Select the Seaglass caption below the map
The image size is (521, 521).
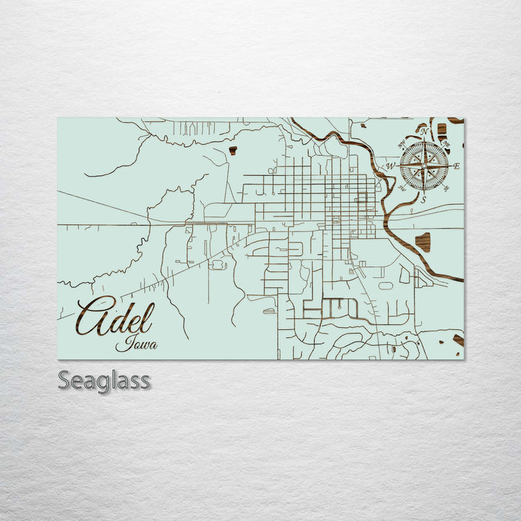(104, 380)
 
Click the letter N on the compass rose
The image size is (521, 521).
(425, 132)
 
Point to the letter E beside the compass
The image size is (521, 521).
(457, 166)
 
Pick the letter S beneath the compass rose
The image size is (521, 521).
(424, 200)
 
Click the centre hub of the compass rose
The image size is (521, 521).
(424, 166)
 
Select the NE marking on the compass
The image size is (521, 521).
(446, 144)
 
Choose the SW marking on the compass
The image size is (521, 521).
(402, 189)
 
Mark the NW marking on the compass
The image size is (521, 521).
(402, 144)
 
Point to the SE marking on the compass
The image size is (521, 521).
(446, 189)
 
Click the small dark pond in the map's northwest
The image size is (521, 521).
(233, 151)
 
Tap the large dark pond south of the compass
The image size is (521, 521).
(423, 242)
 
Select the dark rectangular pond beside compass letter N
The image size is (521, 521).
(441, 131)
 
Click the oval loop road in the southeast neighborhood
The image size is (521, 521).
(386, 285)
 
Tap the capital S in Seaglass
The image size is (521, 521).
(64, 380)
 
